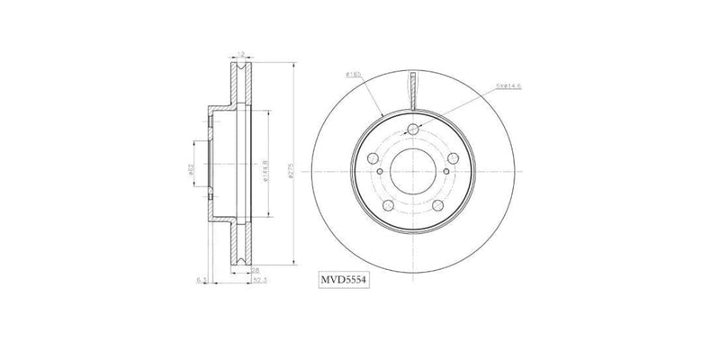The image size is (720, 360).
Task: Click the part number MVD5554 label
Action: [x=345, y=281]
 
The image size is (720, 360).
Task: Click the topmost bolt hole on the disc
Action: [x=413, y=130]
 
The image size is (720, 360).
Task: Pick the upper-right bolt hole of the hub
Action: [x=454, y=154]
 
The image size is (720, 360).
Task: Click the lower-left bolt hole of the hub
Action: [x=387, y=206]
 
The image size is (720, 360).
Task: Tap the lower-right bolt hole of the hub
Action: [x=438, y=206]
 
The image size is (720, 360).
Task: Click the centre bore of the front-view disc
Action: [x=413, y=171]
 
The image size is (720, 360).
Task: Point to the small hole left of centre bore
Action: [x=381, y=171]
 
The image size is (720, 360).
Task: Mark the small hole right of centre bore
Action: [x=445, y=171]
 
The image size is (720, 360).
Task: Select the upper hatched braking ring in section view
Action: [x=240, y=85]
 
